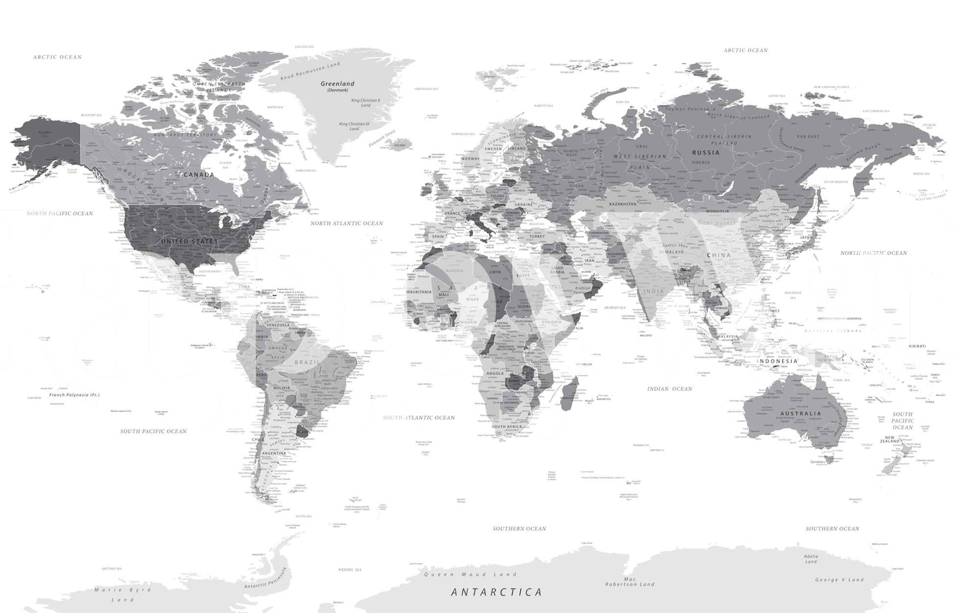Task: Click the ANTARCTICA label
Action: click(x=496, y=592)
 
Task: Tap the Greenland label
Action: click(x=337, y=84)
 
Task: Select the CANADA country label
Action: click(x=199, y=175)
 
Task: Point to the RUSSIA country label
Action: click(x=705, y=152)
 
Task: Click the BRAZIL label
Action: click(x=307, y=363)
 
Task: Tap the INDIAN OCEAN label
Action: click(x=670, y=389)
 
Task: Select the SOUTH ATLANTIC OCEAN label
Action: click(x=418, y=418)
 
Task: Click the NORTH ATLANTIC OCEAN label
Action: click(x=346, y=223)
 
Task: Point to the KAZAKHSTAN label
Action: click(x=622, y=204)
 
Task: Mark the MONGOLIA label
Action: click(x=717, y=211)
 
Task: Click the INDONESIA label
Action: click(x=777, y=362)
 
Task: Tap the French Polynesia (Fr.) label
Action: click(x=74, y=394)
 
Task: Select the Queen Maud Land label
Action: click(x=470, y=574)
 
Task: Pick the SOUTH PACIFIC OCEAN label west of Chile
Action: click(x=154, y=432)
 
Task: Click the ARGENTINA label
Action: click(x=274, y=453)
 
